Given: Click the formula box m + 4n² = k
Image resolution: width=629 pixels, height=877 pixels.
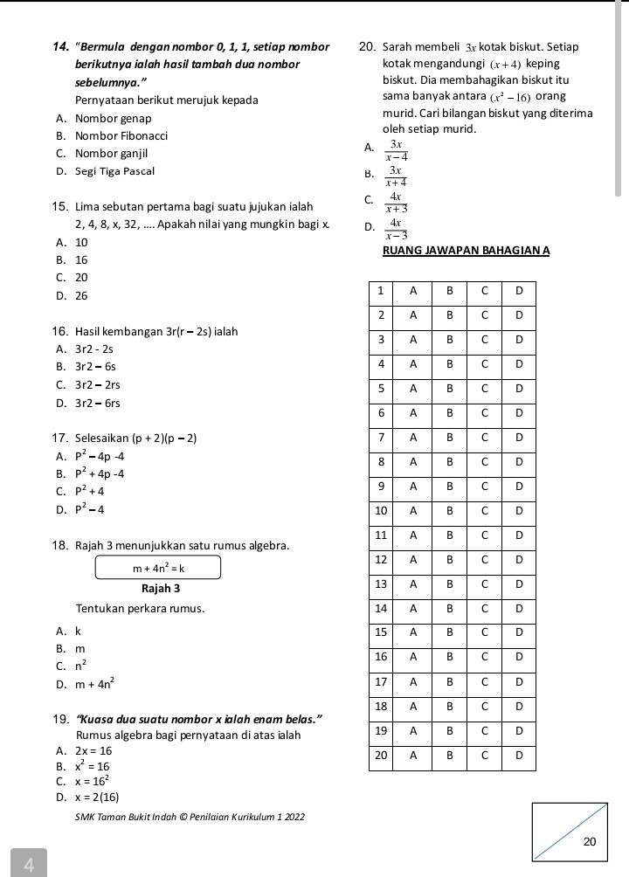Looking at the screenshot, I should coord(158,568).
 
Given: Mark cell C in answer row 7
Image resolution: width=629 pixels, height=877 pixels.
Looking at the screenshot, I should coord(484,436).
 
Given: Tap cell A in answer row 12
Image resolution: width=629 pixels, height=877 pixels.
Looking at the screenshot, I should coord(413,558).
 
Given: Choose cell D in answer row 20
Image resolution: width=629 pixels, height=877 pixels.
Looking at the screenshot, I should coord(519,754).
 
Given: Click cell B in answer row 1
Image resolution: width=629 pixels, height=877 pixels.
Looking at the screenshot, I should coord(449,289).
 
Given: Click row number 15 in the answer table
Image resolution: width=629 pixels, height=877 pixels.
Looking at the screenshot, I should coord(380,632).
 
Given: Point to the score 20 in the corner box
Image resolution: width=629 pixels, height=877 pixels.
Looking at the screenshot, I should coord(589,842).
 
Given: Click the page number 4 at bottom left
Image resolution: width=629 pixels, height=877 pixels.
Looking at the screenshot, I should coord(29,865).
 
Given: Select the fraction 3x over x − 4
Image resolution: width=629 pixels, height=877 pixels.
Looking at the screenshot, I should coord(396,150).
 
